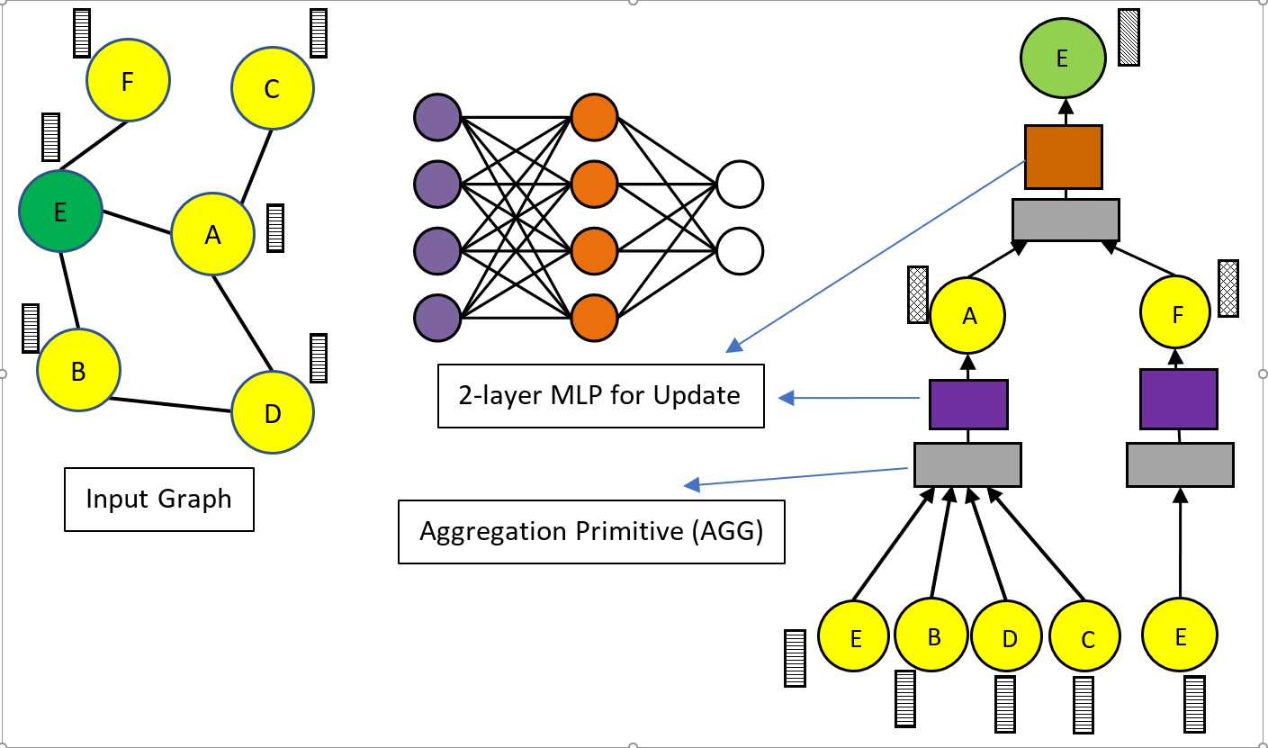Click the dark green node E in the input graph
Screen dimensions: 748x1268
[x=59, y=212]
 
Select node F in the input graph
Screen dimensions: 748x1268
[x=128, y=80]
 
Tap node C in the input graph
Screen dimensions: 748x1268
[x=272, y=88]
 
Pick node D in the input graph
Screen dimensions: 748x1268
[x=273, y=413]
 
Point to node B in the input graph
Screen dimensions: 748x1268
[x=78, y=370]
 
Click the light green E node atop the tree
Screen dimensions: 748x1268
[x=1062, y=59]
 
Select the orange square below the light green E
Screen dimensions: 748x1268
[x=1064, y=157]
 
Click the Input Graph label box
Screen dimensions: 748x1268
[x=159, y=499]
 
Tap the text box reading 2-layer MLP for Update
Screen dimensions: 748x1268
[x=600, y=395]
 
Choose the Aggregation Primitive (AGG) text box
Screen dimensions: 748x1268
[x=591, y=531]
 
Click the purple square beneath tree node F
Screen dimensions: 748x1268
[x=1178, y=399]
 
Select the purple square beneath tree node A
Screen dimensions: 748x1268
[x=967, y=403]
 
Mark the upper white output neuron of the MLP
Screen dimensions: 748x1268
[x=740, y=185]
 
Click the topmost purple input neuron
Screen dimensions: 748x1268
[x=437, y=117]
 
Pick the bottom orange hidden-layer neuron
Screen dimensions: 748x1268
[x=594, y=317]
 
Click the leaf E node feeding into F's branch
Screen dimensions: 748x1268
[x=1180, y=635]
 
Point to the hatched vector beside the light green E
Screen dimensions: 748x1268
[x=1129, y=37]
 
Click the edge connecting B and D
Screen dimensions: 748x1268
[x=170, y=404]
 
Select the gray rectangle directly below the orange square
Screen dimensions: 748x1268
[x=1066, y=220]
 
